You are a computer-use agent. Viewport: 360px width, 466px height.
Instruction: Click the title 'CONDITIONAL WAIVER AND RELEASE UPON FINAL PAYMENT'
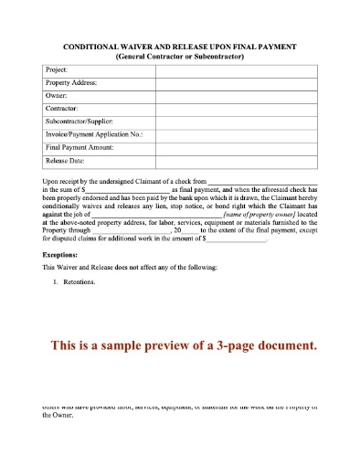179,46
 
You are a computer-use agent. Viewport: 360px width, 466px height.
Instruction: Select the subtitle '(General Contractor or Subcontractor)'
179,56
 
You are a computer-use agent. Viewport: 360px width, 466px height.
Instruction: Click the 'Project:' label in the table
57,69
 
